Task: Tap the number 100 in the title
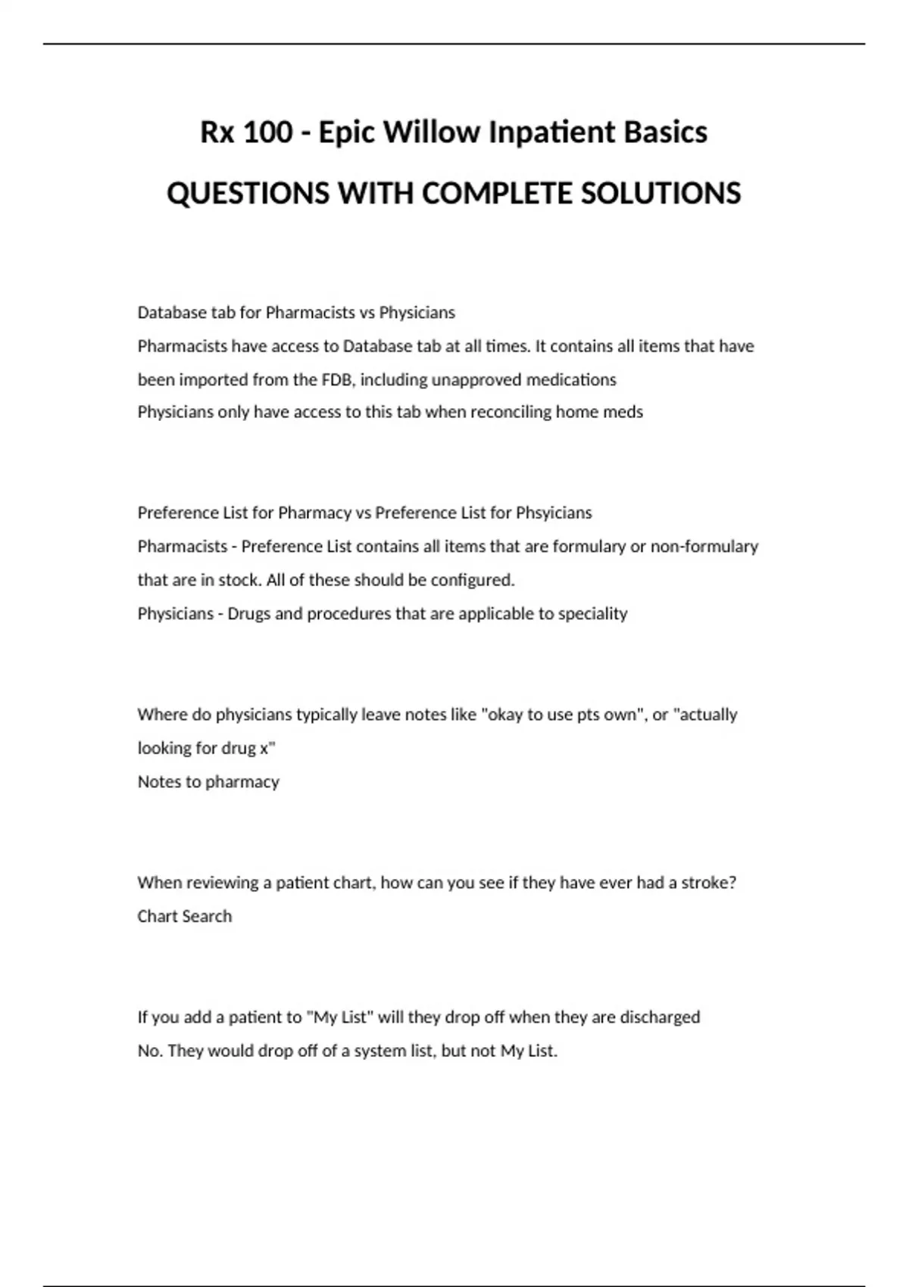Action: pos(268,132)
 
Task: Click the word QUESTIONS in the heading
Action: pos(248,194)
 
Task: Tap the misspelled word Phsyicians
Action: pos(554,513)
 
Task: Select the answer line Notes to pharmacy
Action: pos(208,781)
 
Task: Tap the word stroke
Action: pos(708,883)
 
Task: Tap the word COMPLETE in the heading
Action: pos(495,194)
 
